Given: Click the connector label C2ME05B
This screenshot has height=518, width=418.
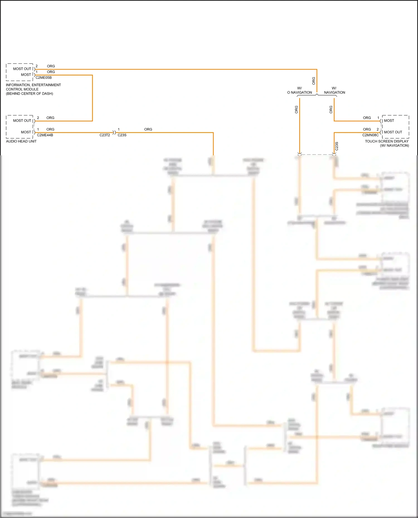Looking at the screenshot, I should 43,78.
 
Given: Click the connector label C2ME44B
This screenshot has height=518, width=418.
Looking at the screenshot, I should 45,135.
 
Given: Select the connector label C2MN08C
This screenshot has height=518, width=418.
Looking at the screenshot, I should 370,135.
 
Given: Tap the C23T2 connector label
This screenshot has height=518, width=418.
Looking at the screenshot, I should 105,135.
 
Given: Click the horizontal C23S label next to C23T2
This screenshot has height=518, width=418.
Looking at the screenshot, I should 122,135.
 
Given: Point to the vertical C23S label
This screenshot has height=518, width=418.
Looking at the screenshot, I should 337,146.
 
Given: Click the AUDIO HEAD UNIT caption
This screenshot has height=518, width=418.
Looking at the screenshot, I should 21,141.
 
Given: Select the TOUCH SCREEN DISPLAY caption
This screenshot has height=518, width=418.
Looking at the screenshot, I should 387,141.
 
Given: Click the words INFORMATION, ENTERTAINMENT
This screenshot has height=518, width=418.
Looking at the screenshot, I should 33,85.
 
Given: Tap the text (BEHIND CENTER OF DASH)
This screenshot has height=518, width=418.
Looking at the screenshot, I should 30,94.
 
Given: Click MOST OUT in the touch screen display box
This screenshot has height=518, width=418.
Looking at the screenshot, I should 393,132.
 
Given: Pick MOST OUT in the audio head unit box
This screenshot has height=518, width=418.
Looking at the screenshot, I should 22,121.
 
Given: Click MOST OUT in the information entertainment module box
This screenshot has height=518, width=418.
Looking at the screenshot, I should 22,69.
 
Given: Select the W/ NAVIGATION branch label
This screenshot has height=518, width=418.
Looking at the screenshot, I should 334,90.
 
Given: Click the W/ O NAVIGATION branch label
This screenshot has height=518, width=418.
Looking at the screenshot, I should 300,90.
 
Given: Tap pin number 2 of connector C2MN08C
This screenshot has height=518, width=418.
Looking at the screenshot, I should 378,129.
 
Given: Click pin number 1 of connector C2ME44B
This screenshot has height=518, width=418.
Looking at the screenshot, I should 38,129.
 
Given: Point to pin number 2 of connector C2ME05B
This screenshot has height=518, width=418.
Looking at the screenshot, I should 37,66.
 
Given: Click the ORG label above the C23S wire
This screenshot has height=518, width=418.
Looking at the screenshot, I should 148,129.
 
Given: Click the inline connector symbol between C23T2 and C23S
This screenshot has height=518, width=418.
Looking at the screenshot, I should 114,132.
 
